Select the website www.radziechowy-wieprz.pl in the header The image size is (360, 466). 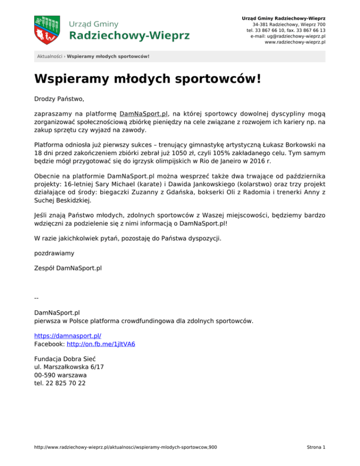[295, 42]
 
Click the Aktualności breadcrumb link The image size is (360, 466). [50, 57]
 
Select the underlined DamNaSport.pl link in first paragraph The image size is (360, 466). [144, 113]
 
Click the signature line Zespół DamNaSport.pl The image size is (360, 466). [68, 269]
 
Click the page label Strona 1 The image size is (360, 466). [315, 447]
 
